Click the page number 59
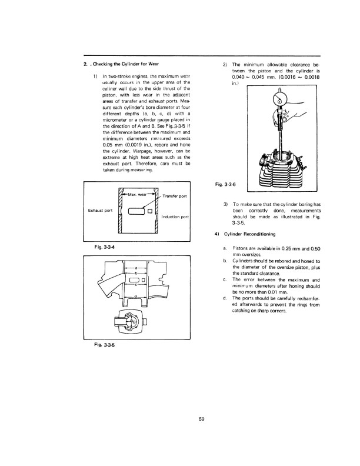(x=202, y=419)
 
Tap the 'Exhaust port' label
(x=100, y=211)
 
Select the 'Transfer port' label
(x=175, y=196)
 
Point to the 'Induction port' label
(x=175, y=217)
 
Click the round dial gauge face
(x=279, y=102)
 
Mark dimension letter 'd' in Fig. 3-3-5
(x=135, y=297)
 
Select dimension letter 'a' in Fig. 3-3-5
(x=135, y=268)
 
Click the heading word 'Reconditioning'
(x=259, y=234)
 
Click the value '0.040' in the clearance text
(x=238, y=77)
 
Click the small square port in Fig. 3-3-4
(x=150, y=211)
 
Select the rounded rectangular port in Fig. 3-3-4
(x=136, y=211)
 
